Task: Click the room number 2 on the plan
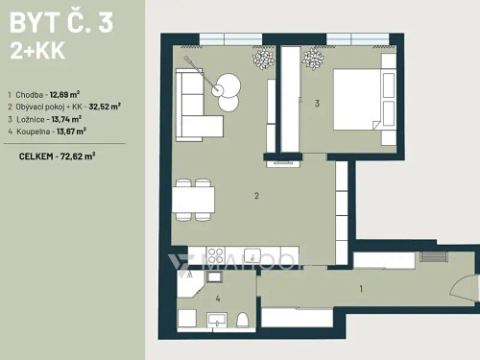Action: pos(256,197)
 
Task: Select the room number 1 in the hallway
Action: pos(360,288)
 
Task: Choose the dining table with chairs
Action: pos(193,199)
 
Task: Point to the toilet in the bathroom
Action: pos(243,320)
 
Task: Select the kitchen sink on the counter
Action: pos(252,256)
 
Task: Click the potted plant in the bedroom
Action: pos(314,60)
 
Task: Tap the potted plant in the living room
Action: pos(262,60)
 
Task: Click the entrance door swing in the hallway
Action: pos(468,288)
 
